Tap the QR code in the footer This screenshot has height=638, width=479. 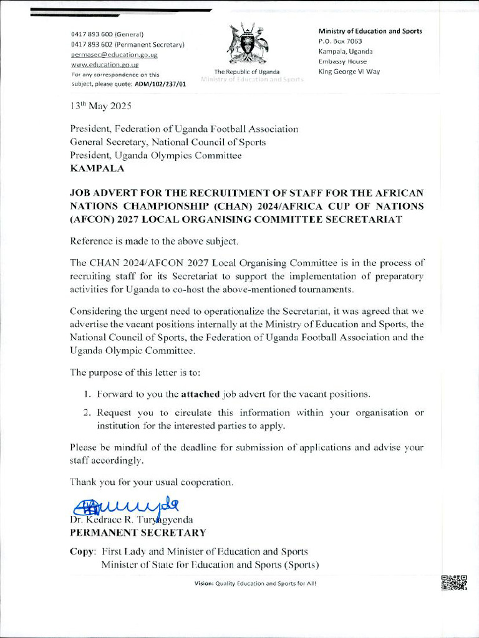454,583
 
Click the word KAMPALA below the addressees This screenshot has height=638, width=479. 97,168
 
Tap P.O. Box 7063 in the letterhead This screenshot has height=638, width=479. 340,41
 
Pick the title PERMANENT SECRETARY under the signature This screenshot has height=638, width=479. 138,533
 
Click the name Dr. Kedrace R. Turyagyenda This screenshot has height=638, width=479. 132,520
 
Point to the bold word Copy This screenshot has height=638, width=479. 82,552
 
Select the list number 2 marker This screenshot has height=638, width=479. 86,412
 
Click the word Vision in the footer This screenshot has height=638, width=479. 203,583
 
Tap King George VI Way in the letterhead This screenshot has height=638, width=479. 349,72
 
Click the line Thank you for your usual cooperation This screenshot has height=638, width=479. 152,482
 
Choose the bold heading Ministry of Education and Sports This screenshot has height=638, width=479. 370,31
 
